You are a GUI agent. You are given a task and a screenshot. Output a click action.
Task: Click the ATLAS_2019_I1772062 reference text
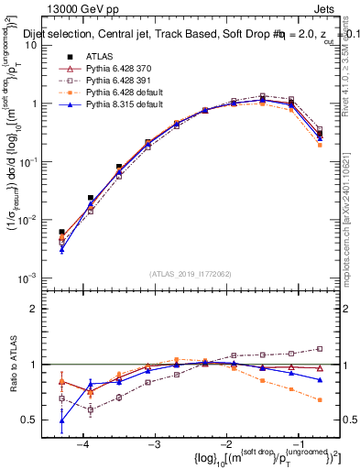point(190,274)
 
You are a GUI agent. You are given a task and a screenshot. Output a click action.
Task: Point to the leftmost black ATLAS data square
point(61,233)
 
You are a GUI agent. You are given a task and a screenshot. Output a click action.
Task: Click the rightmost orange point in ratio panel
point(320,400)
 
